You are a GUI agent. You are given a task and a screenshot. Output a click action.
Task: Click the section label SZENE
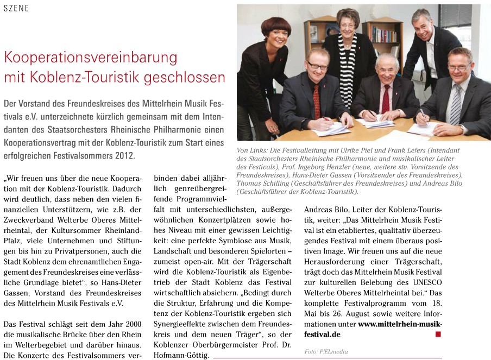coord(16,9)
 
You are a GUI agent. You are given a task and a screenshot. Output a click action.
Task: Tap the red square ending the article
coord(438,334)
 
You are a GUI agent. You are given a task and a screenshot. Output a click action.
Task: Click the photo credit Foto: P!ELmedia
coord(326,352)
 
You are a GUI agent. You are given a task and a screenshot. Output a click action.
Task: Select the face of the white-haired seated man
coord(387,70)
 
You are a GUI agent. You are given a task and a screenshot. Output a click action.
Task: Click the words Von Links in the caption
coord(253,150)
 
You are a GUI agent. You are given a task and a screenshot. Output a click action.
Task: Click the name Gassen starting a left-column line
coord(17,293)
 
